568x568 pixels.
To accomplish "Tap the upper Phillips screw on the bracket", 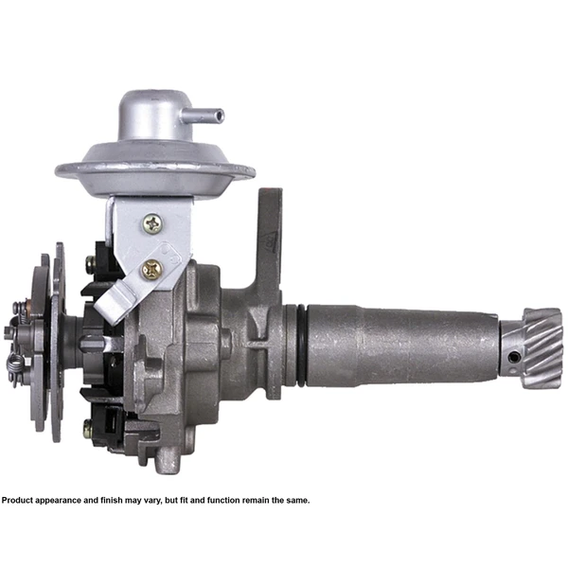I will pyautogui.click(x=152, y=223).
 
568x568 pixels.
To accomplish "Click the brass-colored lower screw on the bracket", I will pyautogui.click(x=151, y=269).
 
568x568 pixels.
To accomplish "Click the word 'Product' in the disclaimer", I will pyautogui.click(x=20, y=500).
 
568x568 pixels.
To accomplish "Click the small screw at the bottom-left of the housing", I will pyautogui.click(x=87, y=430).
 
